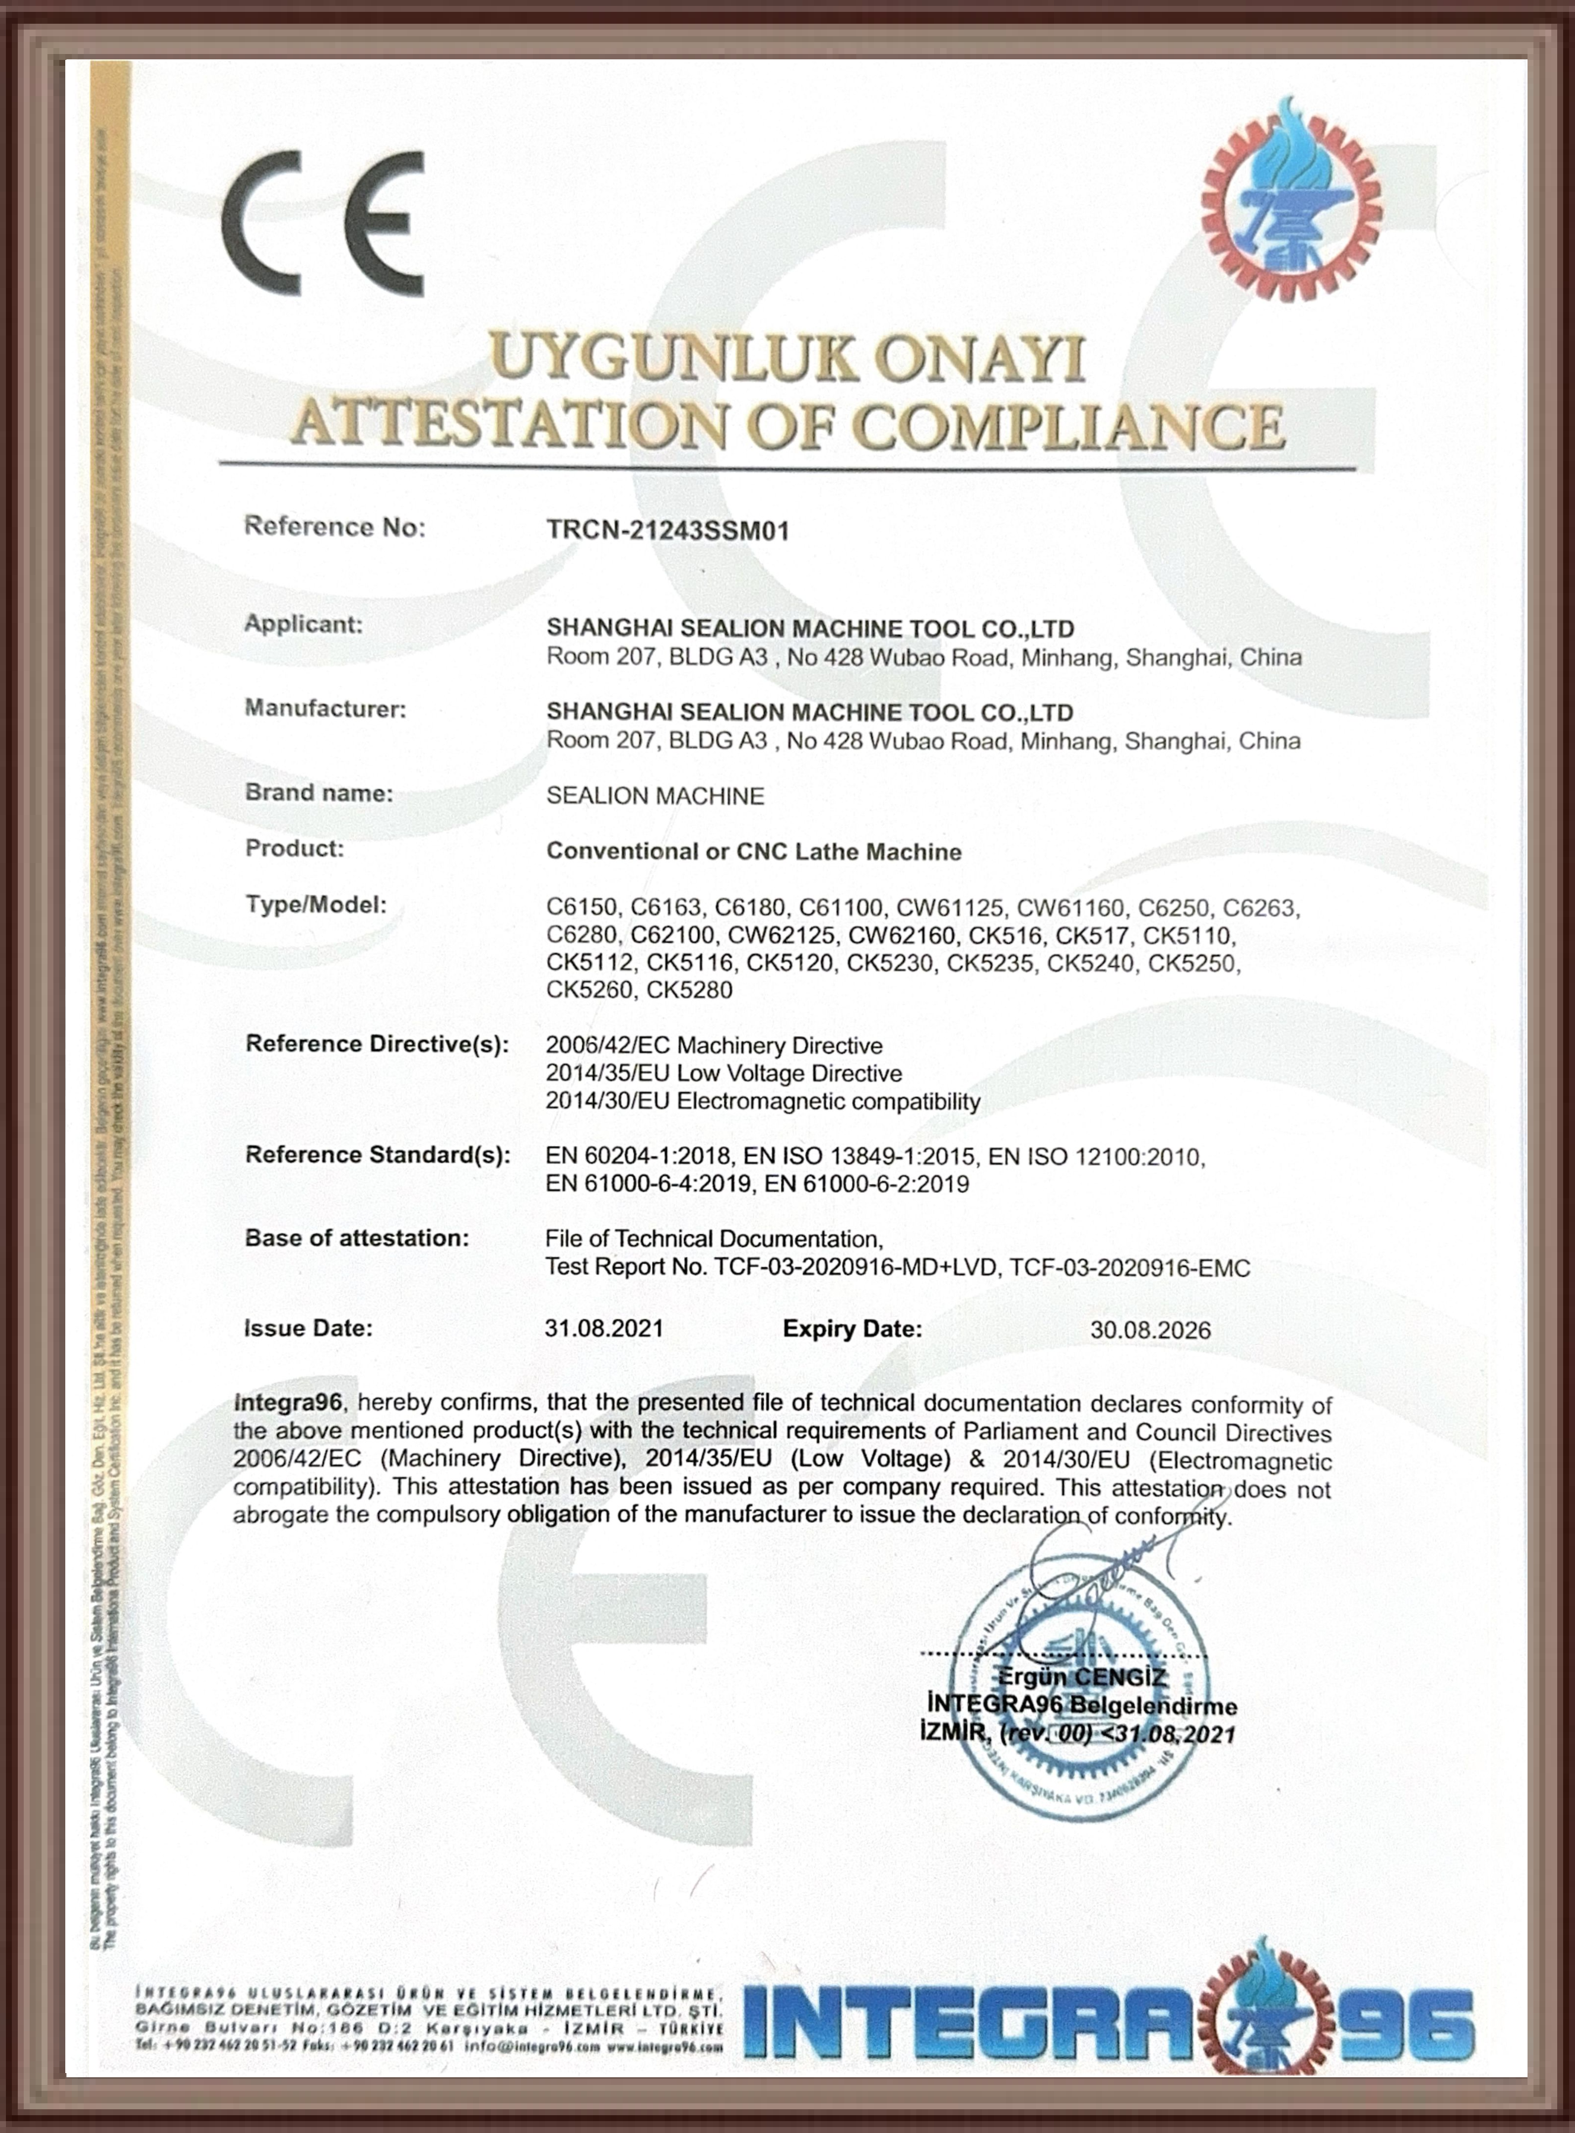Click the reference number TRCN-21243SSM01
pyautogui.click(x=668, y=530)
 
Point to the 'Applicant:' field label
pyautogui.click(x=303, y=624)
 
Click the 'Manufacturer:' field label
pyautogui.click(x=325, y=709)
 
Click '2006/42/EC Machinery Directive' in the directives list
pyautogui.click(x=714, y=1046)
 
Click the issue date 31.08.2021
pyautogui.click(x=604, y=1328)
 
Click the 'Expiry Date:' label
pyautogui.click(x=852, y=1328)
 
